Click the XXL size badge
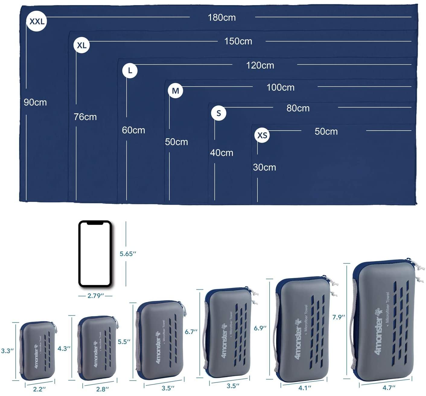click(37, 21)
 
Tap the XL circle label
click(81, 45)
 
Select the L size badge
click(130, 71)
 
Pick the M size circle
click(175, 91)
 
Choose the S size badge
click(219, 113)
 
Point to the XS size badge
click(262, 135)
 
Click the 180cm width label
click(222, 18)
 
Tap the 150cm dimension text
click(238, 41)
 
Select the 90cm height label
click(35, 102)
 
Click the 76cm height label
click(85, 117)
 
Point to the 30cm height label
click(264, 167)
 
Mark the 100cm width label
click(280, 88)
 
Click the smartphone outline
click(95, 254)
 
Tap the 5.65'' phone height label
click(128, 254)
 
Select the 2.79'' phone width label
click(95, 296)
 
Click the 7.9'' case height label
click(339, 317)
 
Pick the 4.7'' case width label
click(389, 388)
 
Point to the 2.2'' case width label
click(40, 389)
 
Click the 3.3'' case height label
click(7, 351)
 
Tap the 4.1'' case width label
click(304, 388)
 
